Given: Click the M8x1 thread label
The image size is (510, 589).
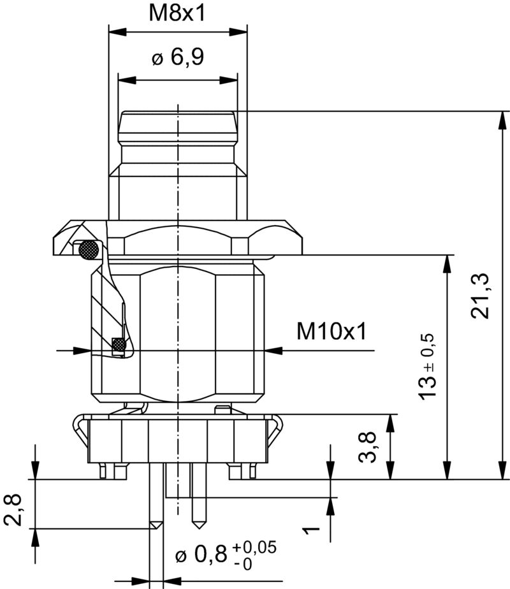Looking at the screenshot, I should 177,13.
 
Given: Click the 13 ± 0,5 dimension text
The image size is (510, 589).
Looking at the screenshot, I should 428,367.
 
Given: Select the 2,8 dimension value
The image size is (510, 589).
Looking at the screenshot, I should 13,509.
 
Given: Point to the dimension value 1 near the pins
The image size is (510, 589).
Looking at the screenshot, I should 310,530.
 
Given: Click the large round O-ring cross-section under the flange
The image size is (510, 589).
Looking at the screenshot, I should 88,250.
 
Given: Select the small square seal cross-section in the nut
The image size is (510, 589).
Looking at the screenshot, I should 118,345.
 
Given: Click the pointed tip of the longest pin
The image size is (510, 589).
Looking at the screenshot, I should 154,527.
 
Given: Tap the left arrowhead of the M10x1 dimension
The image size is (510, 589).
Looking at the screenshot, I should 82,350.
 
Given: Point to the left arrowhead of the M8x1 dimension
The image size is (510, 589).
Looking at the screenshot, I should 115,31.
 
